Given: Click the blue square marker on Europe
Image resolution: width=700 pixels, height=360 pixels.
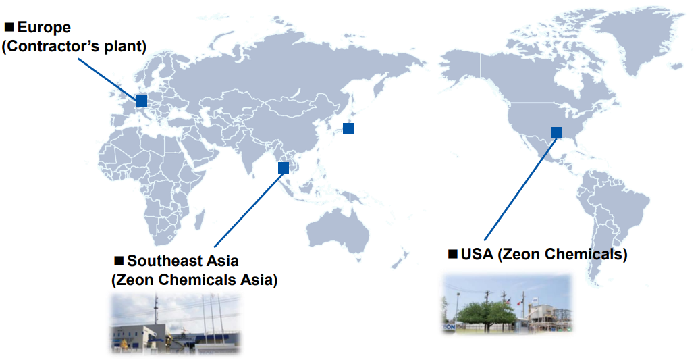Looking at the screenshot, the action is tap(142, 101).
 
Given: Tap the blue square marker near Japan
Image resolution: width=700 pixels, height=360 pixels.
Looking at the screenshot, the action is tap(348, 128).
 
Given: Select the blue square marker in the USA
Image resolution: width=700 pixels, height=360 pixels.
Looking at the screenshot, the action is tap(557, 132).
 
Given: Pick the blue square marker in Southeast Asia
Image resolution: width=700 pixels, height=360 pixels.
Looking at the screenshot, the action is tap(284, 168).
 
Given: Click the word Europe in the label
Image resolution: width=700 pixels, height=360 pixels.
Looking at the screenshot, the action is tap(44, 27).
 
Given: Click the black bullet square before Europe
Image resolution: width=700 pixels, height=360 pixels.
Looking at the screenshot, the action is tap(9, 27).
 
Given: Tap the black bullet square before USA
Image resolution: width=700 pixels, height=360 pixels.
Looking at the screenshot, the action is tap(453, 254).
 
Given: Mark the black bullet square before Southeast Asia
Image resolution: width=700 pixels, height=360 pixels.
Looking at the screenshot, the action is tap(119, 261).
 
